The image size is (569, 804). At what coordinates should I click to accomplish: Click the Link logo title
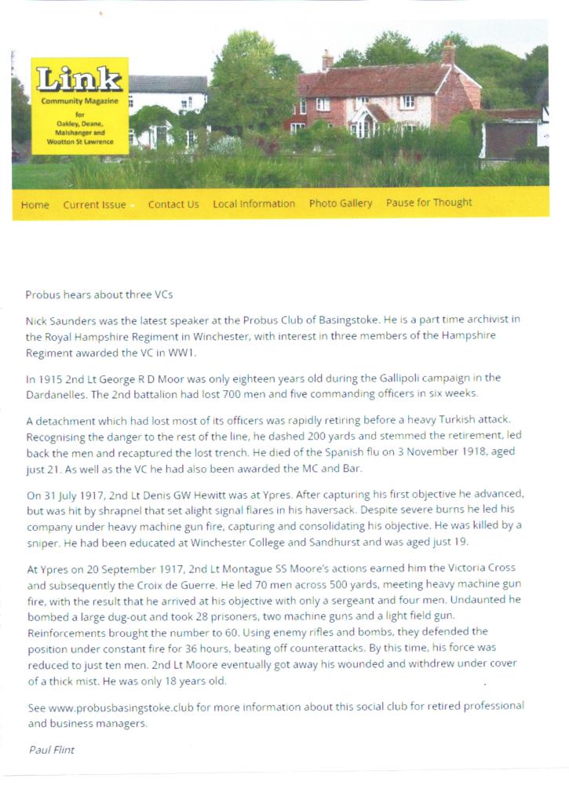coord(79,79)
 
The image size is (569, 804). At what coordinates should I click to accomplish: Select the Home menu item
coord(35,205)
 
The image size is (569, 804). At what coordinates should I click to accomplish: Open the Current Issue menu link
coord(94,205)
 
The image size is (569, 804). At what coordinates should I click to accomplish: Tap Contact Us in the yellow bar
coord(173,204)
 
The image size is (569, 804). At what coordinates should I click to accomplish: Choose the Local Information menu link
coord(253,203)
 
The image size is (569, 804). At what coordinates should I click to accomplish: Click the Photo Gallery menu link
coord(341,203)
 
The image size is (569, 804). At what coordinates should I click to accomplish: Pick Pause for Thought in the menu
coord(429,203)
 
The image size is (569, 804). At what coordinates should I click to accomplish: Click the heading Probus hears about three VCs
coord(99,295)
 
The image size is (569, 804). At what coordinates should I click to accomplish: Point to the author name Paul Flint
coord(52,750)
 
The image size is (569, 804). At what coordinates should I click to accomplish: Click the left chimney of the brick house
coord(327,60)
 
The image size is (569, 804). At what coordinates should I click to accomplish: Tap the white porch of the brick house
coord(363,122)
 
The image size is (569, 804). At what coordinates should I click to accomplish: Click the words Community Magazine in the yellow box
coord(79,101)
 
